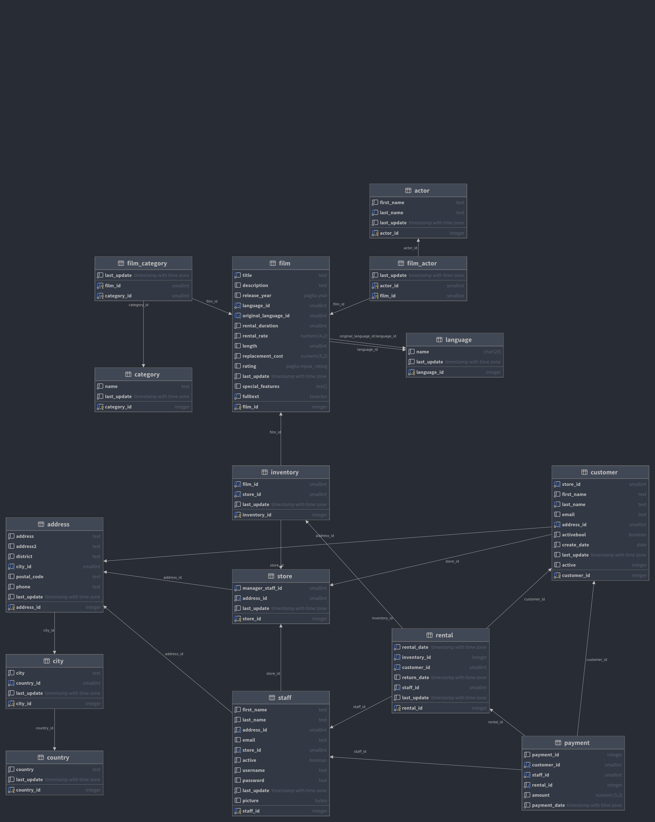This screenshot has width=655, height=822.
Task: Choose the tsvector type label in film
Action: coord(318,397)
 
